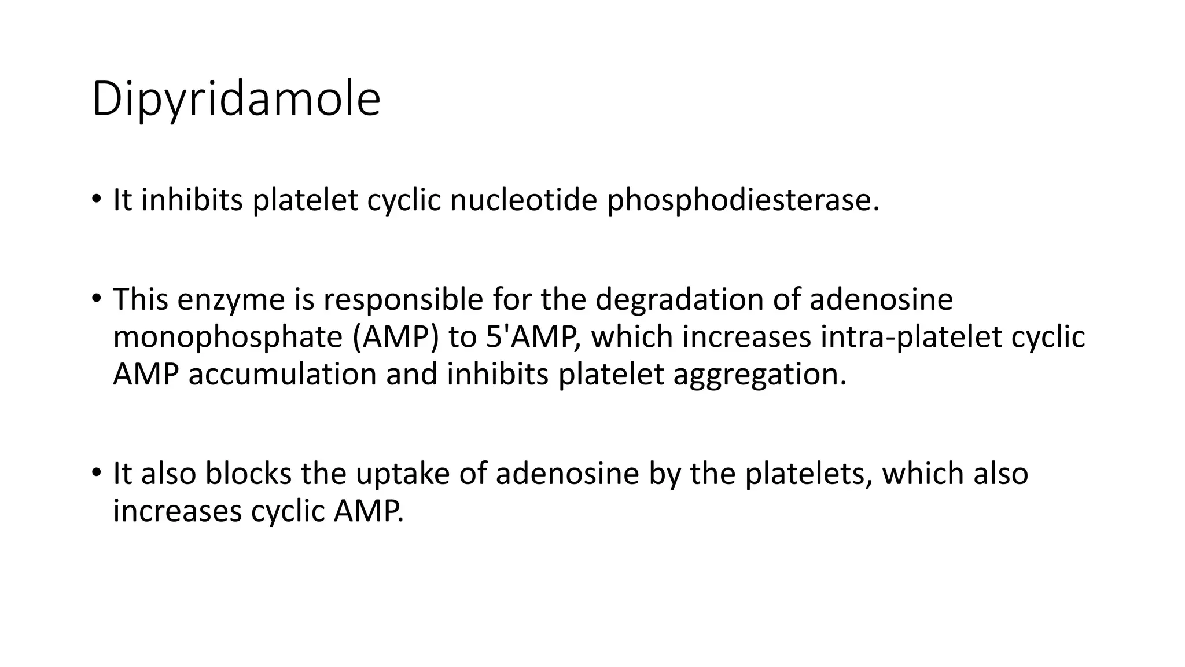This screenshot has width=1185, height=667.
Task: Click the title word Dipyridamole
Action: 236,99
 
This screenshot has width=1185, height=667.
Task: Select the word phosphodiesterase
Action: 742,200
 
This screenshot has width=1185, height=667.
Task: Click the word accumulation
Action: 282,374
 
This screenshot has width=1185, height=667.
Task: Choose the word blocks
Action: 248,474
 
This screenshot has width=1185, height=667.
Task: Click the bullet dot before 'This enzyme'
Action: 95,299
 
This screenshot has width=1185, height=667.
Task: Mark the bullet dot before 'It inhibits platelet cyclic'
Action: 95,199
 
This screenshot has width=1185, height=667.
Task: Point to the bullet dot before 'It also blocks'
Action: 95,472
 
